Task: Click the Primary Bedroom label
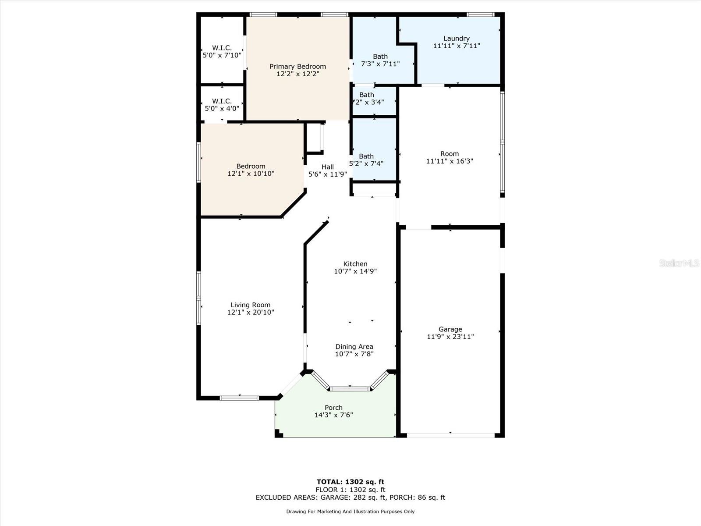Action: (297, 67)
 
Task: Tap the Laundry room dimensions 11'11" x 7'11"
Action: (457, 46)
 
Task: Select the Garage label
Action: (450, 329)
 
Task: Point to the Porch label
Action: (333, 408)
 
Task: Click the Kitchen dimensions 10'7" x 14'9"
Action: (355, 271)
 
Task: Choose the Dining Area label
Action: (354, 347)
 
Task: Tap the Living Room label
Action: (250, 305)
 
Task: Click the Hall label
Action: (327, 167)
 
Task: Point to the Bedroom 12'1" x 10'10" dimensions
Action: (251, 174)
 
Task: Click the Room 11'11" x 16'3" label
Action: (450, 154)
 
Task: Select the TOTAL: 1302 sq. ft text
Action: (350, 482)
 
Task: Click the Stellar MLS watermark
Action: (679, 263)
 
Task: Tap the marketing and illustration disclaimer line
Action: (350, 512)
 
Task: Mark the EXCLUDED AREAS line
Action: (350, 498)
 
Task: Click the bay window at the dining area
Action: (350, 388)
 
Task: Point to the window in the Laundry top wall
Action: (481, 15)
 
